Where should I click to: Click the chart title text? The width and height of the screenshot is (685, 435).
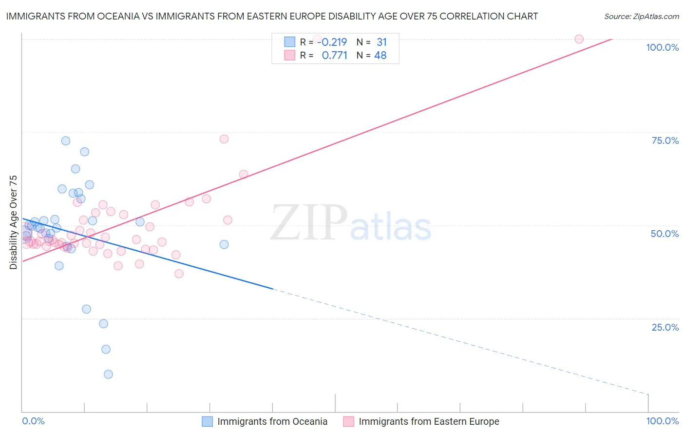272,16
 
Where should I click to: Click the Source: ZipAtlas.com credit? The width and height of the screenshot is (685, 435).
641,17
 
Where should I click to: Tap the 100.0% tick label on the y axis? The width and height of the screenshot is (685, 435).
662,47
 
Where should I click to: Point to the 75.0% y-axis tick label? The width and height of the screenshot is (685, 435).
665,140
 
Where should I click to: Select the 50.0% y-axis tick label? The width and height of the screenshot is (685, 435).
665,234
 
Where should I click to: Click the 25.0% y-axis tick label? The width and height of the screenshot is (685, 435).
665,327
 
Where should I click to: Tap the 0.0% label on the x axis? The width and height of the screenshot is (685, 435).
33,421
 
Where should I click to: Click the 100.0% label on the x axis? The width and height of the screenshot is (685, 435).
662,421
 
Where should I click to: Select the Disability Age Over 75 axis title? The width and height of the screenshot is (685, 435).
13,222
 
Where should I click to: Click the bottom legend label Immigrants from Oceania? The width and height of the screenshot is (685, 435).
272,421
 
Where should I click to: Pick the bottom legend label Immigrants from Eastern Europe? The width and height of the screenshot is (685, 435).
429,421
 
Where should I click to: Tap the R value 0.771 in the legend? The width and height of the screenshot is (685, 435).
334,56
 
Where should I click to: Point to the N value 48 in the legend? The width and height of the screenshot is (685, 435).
380,56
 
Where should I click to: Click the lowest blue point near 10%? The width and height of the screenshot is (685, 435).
108,374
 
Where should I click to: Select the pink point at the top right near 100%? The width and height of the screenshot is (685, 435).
579,39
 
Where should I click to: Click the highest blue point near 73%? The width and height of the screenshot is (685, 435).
66,141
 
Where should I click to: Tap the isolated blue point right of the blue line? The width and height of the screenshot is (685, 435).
224,244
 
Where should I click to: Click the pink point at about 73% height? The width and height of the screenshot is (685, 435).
224,139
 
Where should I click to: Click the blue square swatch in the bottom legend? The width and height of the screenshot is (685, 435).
207,421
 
